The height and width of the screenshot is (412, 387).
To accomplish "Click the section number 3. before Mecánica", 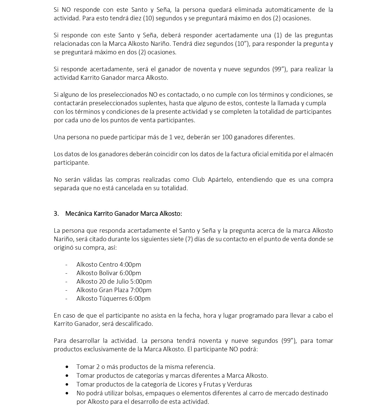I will [x=56, y=214].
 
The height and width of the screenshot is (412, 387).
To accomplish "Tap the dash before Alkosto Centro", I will [x=66, y=265].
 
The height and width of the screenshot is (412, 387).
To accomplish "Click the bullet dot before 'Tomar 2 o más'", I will [x=67, y=367].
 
